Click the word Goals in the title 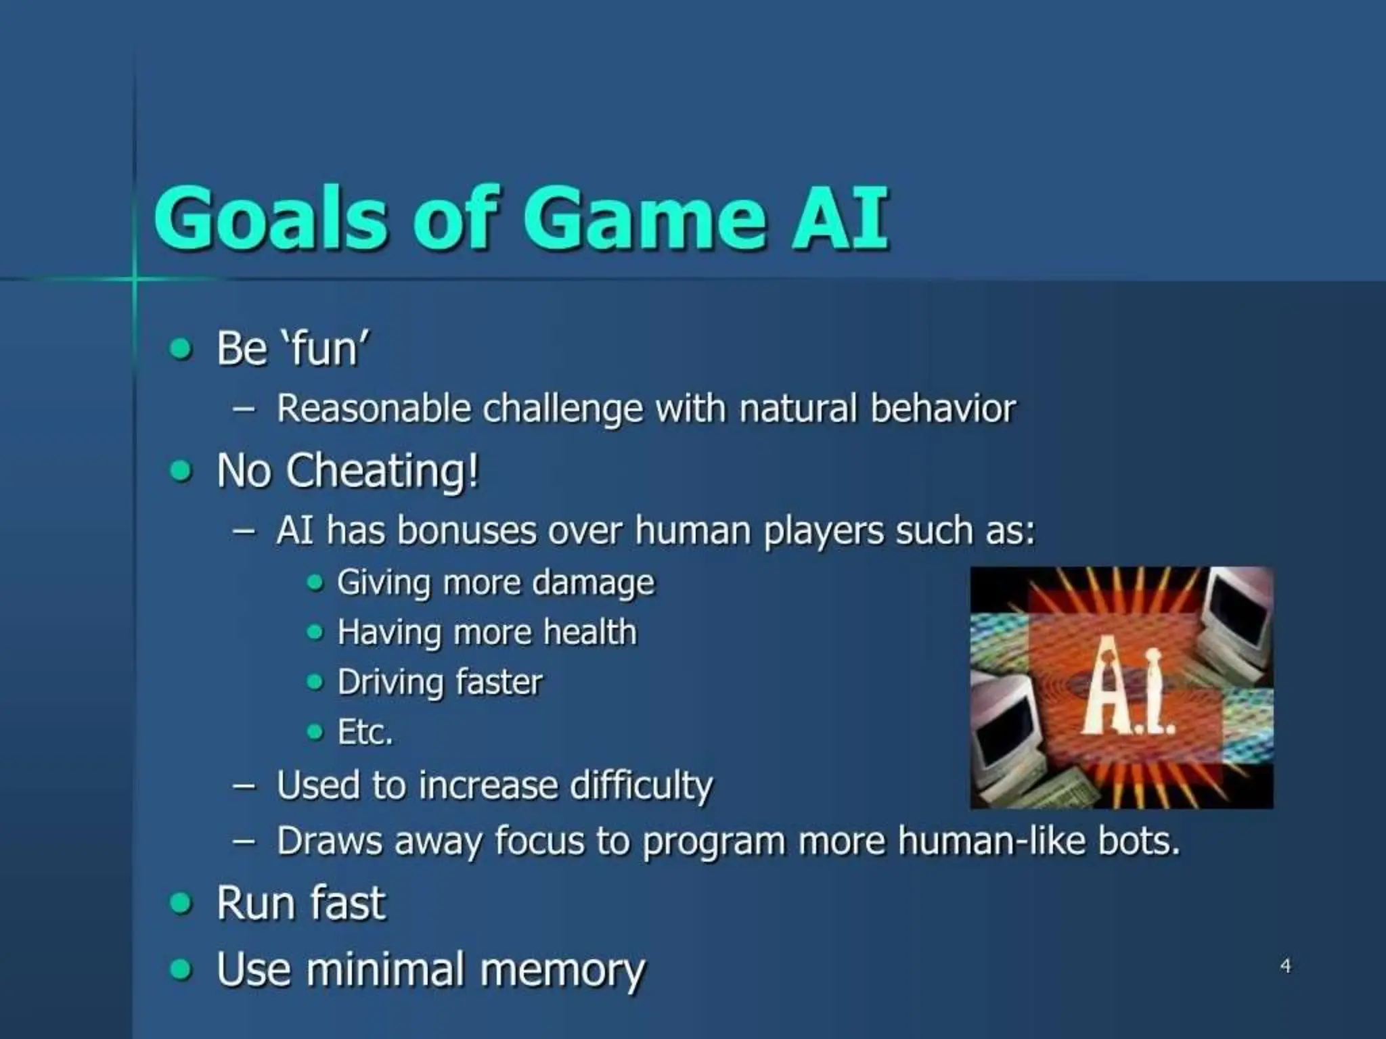pos(271,218)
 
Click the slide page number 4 pos(1285,965)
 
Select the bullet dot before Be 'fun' pos(181,349)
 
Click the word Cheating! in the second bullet pos(382,470)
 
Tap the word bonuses pos(467,530)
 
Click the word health pos(589,632)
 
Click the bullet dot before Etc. pos(315,731)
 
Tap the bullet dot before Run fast pos(181,903)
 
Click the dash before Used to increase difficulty pos(244,786)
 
